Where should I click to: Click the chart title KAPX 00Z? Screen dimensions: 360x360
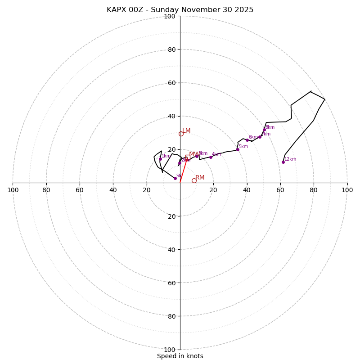(180, 10)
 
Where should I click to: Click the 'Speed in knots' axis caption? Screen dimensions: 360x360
(180, 356)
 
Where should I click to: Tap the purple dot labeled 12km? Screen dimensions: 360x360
(283, 162)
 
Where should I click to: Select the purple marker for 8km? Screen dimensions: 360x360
(264, 130)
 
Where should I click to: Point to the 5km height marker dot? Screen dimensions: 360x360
(238, 149)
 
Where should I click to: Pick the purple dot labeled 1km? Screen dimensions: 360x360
(160, 159)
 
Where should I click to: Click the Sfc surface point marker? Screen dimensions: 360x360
(175, 178)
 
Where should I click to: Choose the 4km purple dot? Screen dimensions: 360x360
(211, 157)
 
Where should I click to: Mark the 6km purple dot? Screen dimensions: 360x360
(247, 140)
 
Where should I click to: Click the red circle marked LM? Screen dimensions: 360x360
(181, 134)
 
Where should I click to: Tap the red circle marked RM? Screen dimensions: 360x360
(194, 180)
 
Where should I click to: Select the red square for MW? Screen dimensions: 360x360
(188, 157)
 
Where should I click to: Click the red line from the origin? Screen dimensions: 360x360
(183, 171)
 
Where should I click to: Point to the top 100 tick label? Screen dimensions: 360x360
(170, 16)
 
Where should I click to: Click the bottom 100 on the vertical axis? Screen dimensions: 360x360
(170, 350)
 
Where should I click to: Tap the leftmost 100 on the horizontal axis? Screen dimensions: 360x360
(13, 190)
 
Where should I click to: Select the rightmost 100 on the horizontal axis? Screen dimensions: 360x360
(347, 190)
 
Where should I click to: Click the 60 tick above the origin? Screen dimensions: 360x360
(171, 83)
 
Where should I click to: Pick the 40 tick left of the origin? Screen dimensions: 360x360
(113, 190)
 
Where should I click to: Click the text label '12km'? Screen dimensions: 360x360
(290, 159)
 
